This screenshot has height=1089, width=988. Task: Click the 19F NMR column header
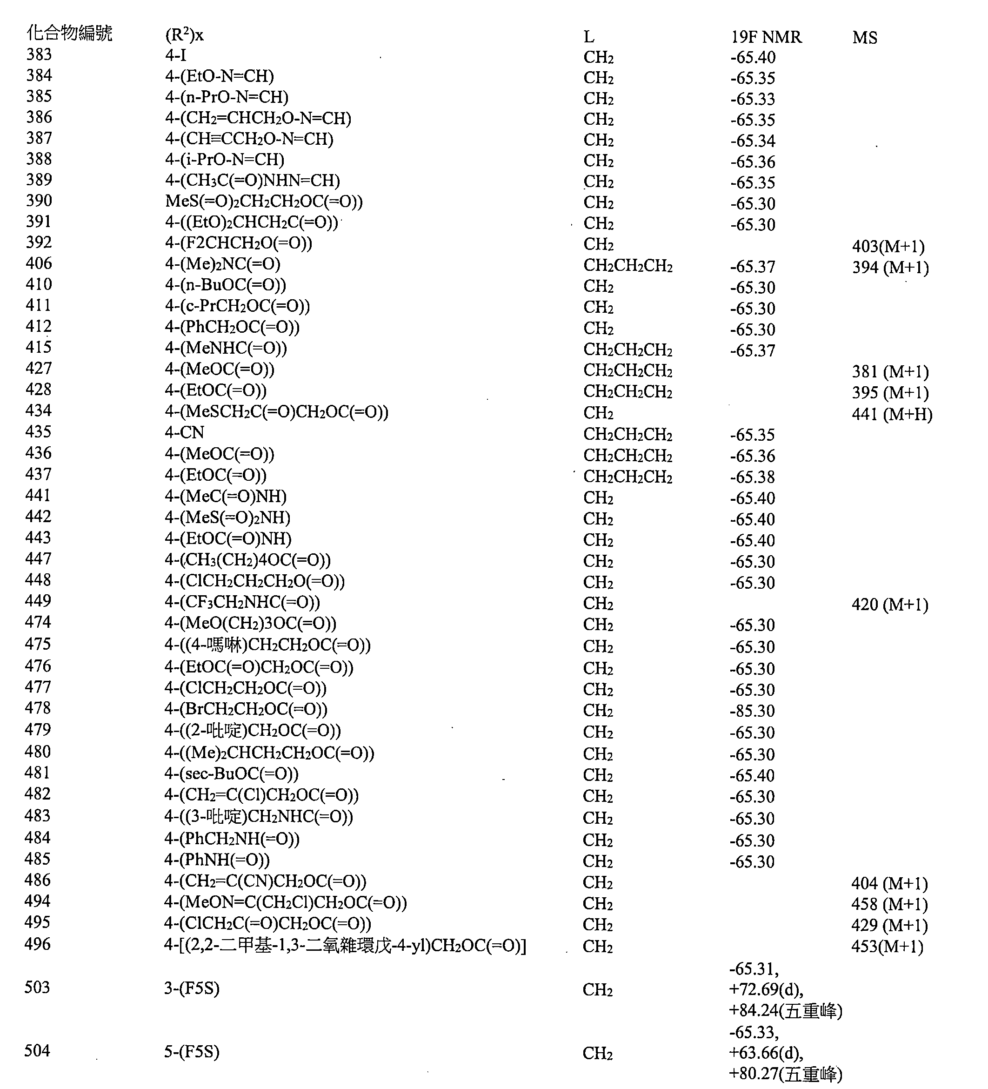[x=766, y=37]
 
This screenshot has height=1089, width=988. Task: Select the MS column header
[x=864, y=38]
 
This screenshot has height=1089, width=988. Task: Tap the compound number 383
[x=39, y=54]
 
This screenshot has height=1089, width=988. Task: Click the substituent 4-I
[x=175, y=55]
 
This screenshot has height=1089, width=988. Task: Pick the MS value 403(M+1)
[x=888, y=247]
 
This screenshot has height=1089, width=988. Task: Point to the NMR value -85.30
[x=752, y=711]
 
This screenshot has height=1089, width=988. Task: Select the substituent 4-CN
[x=185, y=433]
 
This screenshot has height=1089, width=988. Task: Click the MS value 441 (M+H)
[x=892, y=414]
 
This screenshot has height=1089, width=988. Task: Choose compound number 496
[x=37, y=944]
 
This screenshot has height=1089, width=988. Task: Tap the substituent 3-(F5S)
[x=192, y=988]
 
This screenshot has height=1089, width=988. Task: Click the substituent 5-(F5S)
[x=192, y=1052]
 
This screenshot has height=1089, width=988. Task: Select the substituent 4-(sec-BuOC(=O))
[x=231, y=774]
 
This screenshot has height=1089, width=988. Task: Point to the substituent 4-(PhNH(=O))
[x=217, y=860]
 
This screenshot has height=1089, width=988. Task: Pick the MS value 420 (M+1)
[x=890, y=605]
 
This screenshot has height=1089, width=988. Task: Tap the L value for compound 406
[x=628, y=266]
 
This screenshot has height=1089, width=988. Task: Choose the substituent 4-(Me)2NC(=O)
[x=222, y=264]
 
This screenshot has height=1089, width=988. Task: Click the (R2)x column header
[x=184, y=36]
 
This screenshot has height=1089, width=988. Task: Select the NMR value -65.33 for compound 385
[x=753, y=100]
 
